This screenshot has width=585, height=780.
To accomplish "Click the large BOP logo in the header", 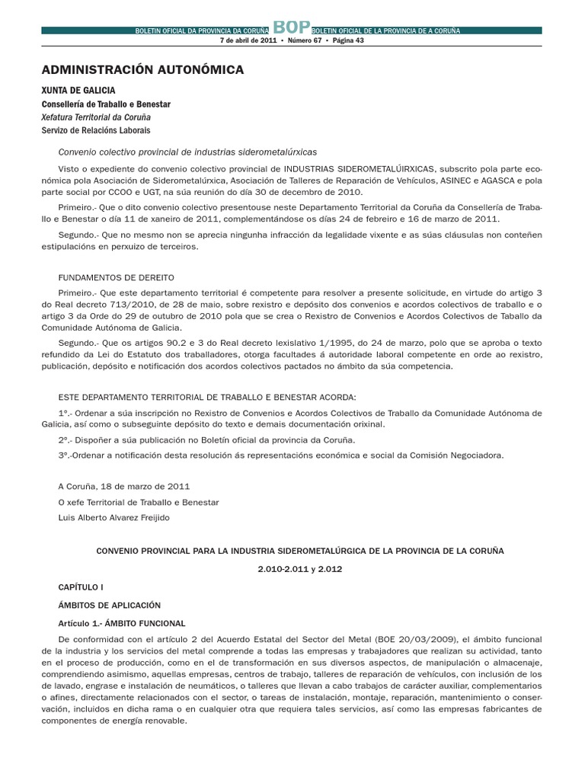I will coord(292,26).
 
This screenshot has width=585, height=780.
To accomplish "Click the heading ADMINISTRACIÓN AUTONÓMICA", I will coord(143,70).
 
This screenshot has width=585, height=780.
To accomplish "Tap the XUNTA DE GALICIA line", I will coord(83,91).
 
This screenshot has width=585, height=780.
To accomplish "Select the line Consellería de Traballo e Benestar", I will coord(107,104).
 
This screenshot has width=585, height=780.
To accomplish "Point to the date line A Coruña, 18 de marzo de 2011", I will coord(124,486).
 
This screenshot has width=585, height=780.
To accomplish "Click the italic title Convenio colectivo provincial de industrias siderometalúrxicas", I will coord(187,152).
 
